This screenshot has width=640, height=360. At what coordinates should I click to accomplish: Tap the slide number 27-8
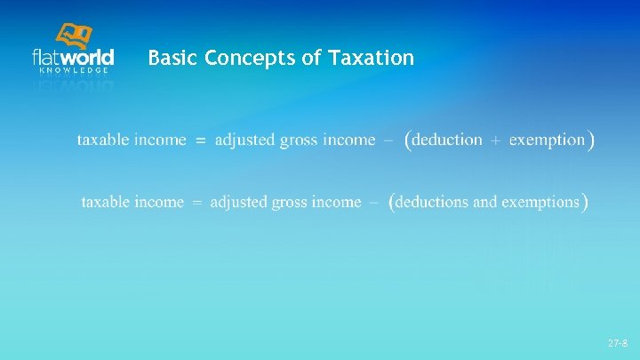618,342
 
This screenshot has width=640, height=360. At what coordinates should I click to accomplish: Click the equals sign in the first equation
200,140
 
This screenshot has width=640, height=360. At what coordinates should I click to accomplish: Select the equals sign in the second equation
197,203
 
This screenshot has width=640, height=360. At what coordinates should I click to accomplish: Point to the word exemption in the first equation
547,140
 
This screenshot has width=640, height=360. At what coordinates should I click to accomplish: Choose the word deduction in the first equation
448,140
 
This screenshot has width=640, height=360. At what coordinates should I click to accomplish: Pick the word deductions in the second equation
432,202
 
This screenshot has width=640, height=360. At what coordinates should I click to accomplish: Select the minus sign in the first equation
388,140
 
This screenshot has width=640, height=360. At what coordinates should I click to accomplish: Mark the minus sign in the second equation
374,203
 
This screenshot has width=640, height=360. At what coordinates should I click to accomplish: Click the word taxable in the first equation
102,140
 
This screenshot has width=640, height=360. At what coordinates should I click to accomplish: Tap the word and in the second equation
484,202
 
